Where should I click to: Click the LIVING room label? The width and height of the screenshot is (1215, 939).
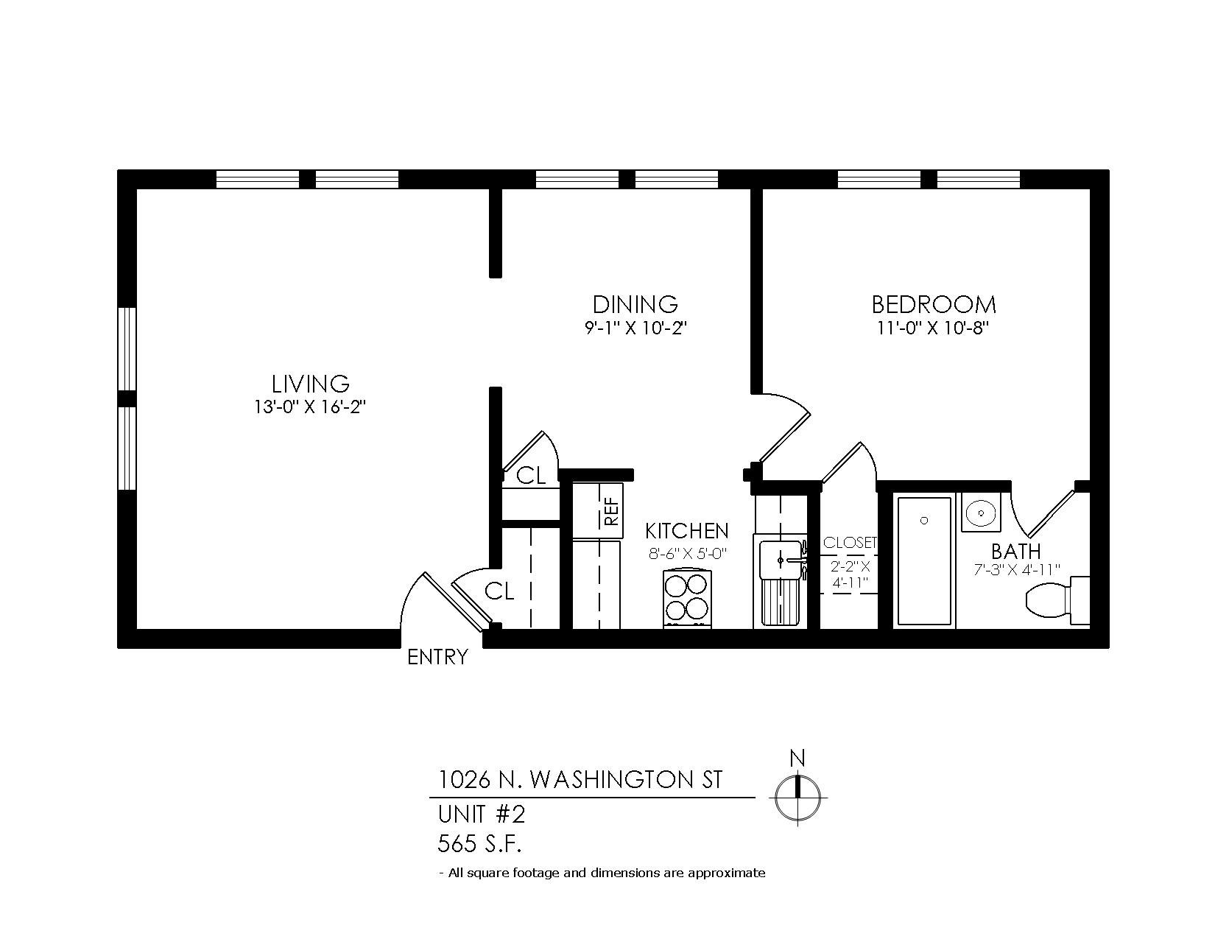pyautogui.click(x=310, y=384)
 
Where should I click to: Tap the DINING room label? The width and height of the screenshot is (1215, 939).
pyautogui.click(x=635, y=304)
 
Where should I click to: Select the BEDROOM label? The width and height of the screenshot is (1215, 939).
pyautogui.click(x=933, y=304)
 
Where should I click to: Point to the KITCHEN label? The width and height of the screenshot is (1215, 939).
pyautogui.click(x=686, y=530)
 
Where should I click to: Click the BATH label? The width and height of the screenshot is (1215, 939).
pyautogui.click(x=1016, y=552)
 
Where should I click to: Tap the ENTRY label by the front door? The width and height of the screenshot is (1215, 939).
pyautogui.click(x=437, y=657)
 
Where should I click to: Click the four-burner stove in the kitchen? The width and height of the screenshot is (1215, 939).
pyautogui.click(x=687, y=599)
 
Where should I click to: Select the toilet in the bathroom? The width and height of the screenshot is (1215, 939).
pyautogui.click(x=1058, y=601)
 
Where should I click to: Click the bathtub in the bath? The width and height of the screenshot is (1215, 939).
pyautogui.click(x=924, y=561)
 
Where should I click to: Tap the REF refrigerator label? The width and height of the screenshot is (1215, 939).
pyautogui.click(x=612, y=511)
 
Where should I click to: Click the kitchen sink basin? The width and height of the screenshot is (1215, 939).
pyautogui.click(x=780, y=559)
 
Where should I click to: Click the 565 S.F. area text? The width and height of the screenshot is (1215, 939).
pyautogui.click(x=479, y=843)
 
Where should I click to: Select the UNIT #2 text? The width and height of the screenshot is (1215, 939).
pyautogui.click(x=482, y=815)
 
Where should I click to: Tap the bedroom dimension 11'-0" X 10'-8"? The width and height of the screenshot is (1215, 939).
pyautogui.click(x=933, y=328)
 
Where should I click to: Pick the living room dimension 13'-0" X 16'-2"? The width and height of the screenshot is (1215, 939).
pyautogui.click(x=310, y=407)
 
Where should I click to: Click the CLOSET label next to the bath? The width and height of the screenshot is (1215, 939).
pyautogui.click(x=850, y=543)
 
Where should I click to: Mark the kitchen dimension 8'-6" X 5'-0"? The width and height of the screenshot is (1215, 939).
pyautogui.click(x=687, y=555)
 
